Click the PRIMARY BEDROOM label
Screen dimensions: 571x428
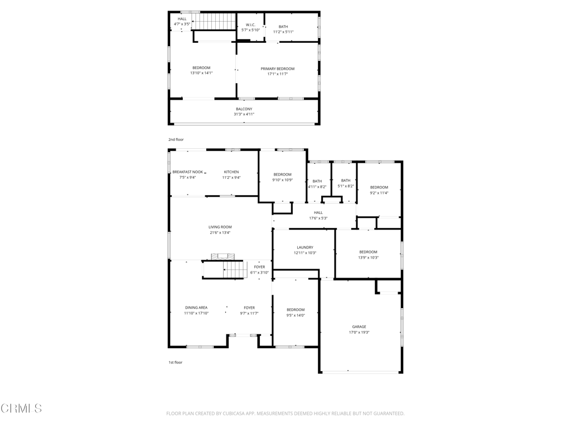tap(278, 69)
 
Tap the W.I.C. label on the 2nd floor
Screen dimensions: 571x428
tap(250, 25)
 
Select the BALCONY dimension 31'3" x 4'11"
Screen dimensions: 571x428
tap(244, 114)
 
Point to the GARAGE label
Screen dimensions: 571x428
tap(359, 327)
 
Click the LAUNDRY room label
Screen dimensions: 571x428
tap(305, 247)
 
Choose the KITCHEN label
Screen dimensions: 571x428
tap(231, 172)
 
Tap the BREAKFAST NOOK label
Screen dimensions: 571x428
tap(187, 172)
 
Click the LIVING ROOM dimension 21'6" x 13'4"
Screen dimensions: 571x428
tap(220, 232)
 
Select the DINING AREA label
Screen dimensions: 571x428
tap(196, 308)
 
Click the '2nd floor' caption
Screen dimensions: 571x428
tap(176, 140)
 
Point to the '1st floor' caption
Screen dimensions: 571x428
tap(175, 362)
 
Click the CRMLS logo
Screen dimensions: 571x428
tap(21, 408)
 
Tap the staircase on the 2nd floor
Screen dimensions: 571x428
tap(214, 21)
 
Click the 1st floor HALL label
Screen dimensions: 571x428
tap(318, 213)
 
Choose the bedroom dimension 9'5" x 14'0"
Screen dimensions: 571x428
tap(296, 315)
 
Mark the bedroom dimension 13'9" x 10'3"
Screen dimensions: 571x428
tap(368, 257)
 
